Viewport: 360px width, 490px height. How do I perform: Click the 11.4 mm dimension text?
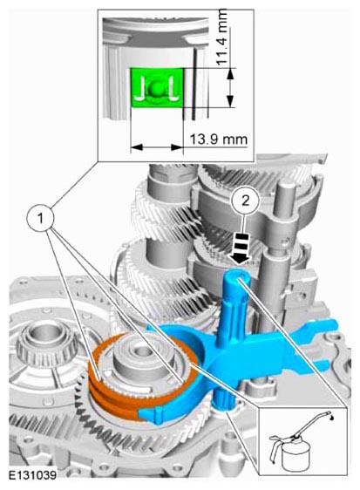[222, 37]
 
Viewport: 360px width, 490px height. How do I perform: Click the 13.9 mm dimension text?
[219, 140]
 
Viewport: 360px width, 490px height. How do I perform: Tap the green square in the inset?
[157, 88]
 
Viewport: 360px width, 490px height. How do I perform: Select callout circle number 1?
[40, 218]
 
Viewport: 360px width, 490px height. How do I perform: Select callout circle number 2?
[246, 200]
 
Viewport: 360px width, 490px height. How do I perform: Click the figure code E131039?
[32, 475]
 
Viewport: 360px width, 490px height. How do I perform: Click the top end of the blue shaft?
[237, 276]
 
